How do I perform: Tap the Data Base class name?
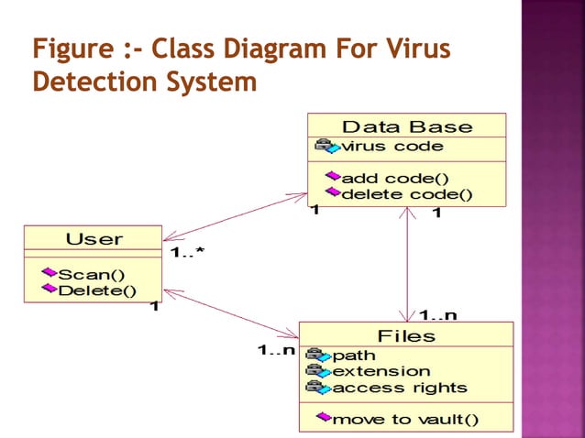[x=406, y=127]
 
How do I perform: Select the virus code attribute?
[x=392, y=147]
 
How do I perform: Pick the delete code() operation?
[x=406, y=193]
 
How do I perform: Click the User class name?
[x=94, y=239]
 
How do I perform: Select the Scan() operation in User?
[x=92, y=274]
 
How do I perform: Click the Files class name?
[x=406, y=336]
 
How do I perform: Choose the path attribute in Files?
[x=354, y=356]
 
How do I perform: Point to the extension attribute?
[x=381, y=371]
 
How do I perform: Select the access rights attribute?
[x=399, y=388]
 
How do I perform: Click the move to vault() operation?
[x=404, y=420]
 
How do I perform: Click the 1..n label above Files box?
[x=437, y=316]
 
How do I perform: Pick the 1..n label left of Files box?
[x=276, y=349]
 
